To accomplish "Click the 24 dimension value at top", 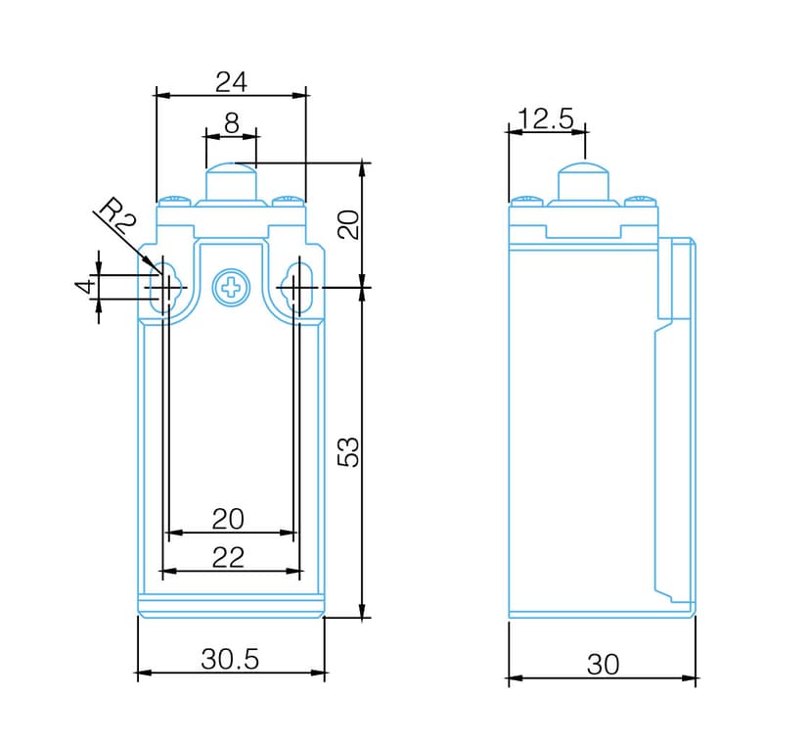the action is [231, 81].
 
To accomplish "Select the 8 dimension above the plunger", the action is [232, 122].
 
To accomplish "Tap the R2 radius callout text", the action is [116, 214].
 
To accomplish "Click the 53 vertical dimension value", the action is [348, 452].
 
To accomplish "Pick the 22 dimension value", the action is [228, 558].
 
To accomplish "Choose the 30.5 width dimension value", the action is [230, 659].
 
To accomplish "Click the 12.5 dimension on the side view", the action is [546, 118].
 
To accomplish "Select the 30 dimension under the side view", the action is [603, 665].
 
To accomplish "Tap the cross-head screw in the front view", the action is [232, 287].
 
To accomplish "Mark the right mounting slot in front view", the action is [296, 287].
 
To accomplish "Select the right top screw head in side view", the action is [641, 200].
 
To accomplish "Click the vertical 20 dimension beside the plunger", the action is [348, 224].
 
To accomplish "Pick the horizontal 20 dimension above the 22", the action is [228, 519].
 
